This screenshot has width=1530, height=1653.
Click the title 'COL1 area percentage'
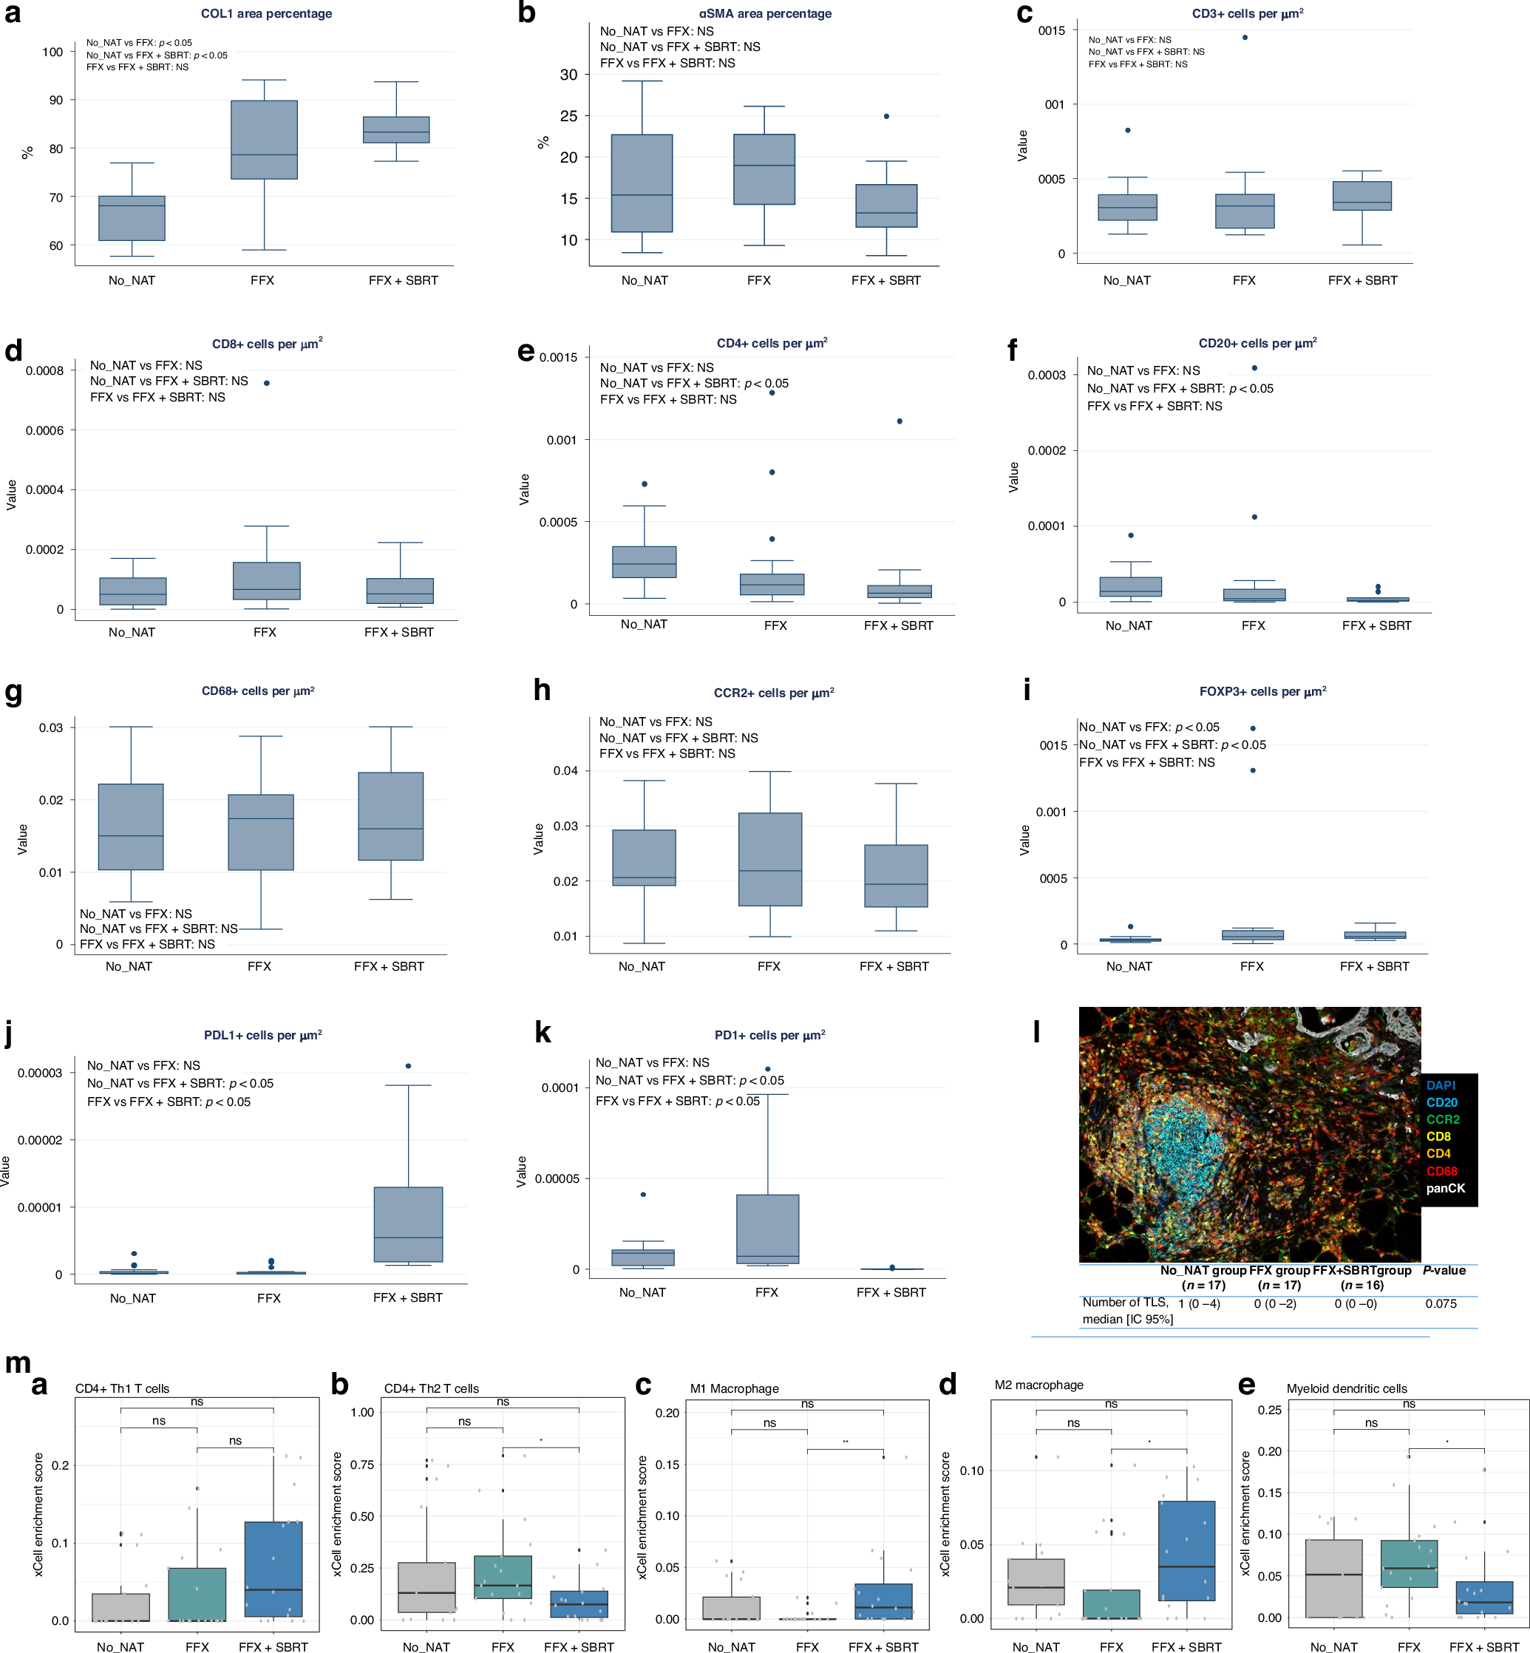267,14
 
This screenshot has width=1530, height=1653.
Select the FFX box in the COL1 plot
264,139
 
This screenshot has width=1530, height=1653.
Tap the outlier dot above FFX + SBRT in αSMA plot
887,117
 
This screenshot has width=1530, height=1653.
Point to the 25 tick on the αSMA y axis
569,116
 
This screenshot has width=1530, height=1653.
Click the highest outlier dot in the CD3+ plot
1245,37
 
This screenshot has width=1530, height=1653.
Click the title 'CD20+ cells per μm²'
1257,344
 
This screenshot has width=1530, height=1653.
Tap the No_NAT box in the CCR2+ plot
644,857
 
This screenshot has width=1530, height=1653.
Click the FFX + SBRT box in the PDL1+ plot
408,1224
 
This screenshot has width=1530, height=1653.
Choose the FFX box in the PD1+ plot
767,1228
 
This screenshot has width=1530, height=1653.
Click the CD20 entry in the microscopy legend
1441,1102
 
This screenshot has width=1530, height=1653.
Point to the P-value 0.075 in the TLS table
1441,1303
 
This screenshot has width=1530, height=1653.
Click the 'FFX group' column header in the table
1279,1270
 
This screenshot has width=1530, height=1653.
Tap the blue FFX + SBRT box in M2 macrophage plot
1186,1550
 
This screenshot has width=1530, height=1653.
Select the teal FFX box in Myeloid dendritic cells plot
1409,1564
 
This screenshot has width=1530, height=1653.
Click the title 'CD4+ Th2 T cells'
432,1389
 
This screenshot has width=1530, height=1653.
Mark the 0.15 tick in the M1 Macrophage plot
667,1464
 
